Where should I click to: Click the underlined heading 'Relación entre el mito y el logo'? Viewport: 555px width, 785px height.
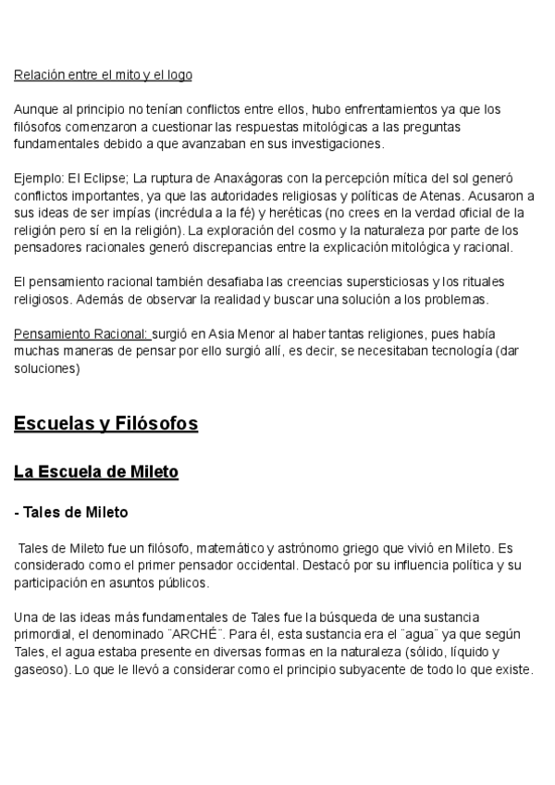pyautogui.click(x=103, y=75)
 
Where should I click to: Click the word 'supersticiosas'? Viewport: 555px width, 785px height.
pyautogui.click(x=410, y=280)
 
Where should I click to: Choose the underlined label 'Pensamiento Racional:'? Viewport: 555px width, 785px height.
pyautogui.click(x=82, y=333)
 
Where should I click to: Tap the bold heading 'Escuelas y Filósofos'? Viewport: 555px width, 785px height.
pyautogui.click(x=105, y=424)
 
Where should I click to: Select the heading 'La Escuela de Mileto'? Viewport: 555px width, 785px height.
pyautogui.click(x=96, y=472)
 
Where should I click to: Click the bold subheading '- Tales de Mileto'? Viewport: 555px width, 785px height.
pyautogui.click(x=71, y=512)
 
